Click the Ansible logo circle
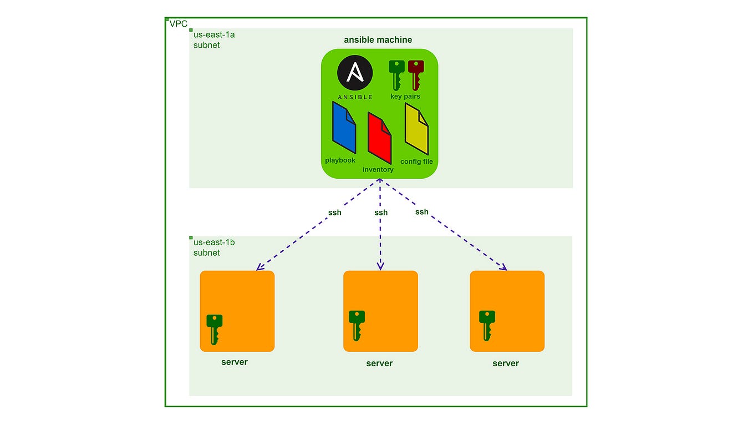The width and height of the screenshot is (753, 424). pyautogui.click(x=355, y=73)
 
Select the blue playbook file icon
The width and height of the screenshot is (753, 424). pyautogui.click(x=344, y=128)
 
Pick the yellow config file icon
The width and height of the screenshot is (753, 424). pyautogui.click(x=416, y=129)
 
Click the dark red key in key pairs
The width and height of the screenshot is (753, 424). pyautogui.click(x=415, y=74)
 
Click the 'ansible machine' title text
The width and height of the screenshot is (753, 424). pyautogui.click(x=378, y=40)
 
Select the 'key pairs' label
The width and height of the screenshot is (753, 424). pyautogui.click(x=405, y=97)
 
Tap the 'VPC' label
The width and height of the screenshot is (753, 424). pyautogui.click(x=179, y=24)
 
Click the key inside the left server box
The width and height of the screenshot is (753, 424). pyautogui.click(x=215, y=329)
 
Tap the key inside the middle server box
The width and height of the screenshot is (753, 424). pyautogui.click(x=357, y=325)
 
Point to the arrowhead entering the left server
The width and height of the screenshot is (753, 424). pyautogui.click(x=260, y=268)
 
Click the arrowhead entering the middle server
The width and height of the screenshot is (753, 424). pyautogui.click(x=380, y=266)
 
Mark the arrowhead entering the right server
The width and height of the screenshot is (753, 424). pyautogui.click(x=503, y=267)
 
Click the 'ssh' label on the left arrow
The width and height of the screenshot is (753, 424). pyautogui.click(x=334, y=213)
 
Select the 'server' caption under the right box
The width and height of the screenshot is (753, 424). pyautogui.click(x=506, y=364)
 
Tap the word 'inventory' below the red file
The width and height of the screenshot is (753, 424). pyautogui.click(x=378, y=169)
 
